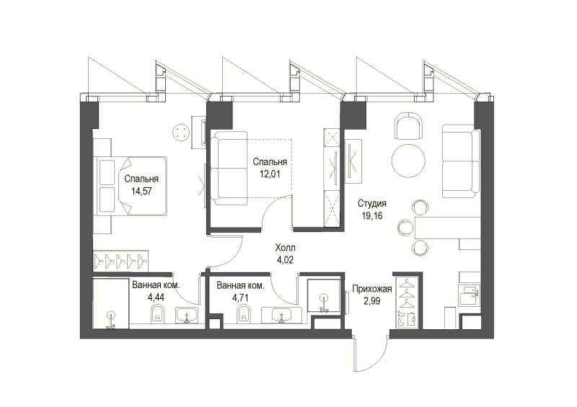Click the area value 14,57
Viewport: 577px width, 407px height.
(141, 191)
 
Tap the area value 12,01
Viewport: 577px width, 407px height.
(270, 174)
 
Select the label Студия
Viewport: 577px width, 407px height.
(372, 203)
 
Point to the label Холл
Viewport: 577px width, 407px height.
(285, 248)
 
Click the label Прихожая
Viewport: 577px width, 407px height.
(372, 289)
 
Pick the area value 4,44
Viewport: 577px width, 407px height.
(156, 297)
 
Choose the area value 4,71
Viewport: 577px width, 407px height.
(240, 297)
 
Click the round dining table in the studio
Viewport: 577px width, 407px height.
(408, 161)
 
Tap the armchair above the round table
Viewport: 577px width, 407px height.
(408, 126)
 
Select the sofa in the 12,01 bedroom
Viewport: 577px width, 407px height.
(229, 168)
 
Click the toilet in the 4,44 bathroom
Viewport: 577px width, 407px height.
(158, 313)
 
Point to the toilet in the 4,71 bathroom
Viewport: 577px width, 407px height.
(243, 313)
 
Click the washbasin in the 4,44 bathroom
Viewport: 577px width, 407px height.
(187, 316)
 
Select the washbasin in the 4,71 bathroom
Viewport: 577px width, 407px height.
(282, 316)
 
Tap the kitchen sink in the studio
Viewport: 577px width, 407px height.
(469, 295)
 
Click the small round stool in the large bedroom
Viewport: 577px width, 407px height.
(181, 132)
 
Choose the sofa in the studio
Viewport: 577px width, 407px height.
(461, 161)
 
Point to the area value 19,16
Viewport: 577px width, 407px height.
(372, 216)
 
